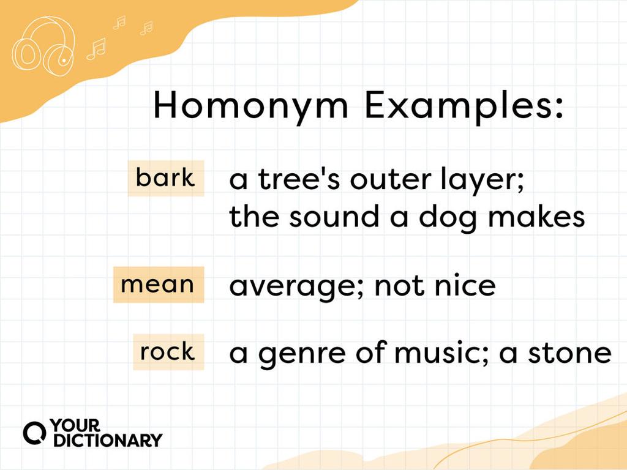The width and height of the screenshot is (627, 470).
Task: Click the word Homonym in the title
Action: point(252,106)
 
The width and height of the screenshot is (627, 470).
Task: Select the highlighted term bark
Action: point(165,178)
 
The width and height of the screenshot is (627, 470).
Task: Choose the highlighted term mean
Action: point(157,285)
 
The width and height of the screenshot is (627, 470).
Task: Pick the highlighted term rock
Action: point(167,352)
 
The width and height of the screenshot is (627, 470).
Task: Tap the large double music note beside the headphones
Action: point(96,49)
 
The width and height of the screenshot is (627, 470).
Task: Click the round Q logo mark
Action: point(34,433)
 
